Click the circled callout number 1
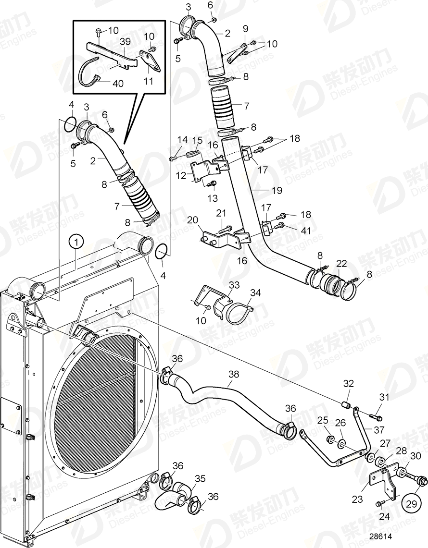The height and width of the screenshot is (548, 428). point(76,242)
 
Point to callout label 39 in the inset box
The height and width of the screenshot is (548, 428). point(125,42)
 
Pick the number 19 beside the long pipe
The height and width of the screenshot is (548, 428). point(277,191)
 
